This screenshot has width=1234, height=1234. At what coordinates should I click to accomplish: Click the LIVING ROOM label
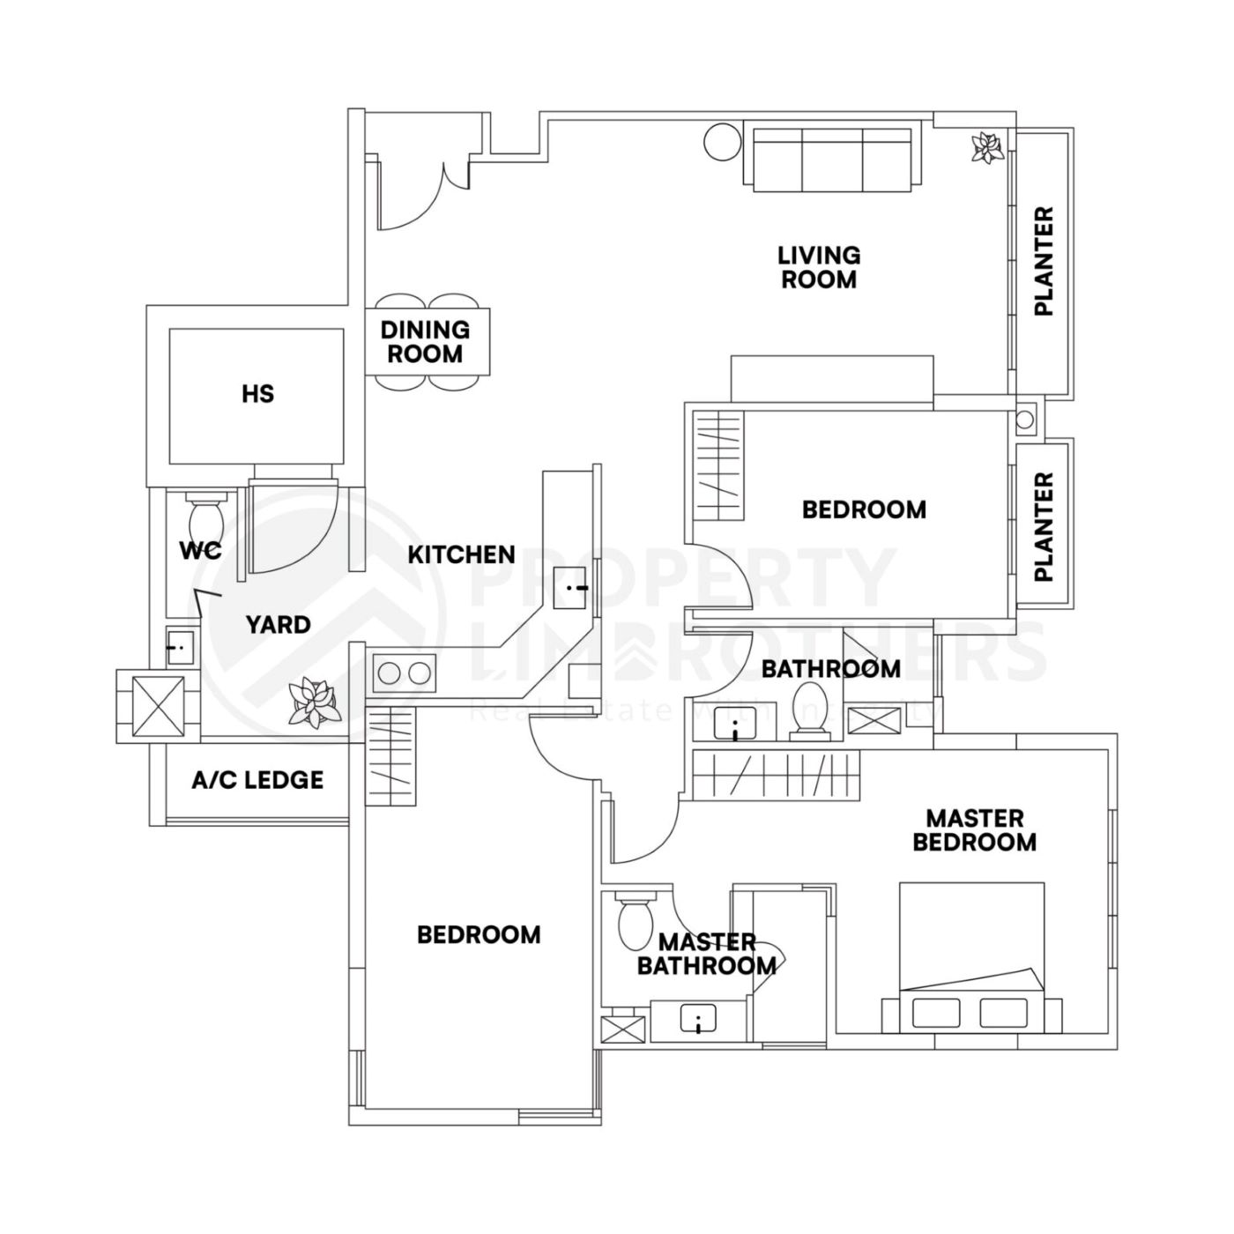coord(818,267)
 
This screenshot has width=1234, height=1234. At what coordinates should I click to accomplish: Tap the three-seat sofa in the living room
coord(832,157)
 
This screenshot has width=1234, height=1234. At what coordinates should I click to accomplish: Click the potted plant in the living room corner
coord(986,147)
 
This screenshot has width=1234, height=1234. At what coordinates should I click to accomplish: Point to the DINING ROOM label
coord(425,342)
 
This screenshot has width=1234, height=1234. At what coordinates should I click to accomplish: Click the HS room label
coord(257,393)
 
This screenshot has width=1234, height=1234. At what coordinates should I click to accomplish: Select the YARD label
coord(278,625)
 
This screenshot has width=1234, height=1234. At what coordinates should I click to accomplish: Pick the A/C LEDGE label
coord(257,780)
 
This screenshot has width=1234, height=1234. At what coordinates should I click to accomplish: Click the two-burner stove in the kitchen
coord(405,673)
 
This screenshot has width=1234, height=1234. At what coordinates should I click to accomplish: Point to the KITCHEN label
coord(461,554)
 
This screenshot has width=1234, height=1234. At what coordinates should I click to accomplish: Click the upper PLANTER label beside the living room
coord(1044,262)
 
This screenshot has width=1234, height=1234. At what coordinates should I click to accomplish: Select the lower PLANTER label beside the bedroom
coord(1044,526)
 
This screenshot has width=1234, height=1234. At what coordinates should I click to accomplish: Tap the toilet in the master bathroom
coord(635,921)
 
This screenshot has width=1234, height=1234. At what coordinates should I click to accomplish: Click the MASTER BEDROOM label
coord(974,830)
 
